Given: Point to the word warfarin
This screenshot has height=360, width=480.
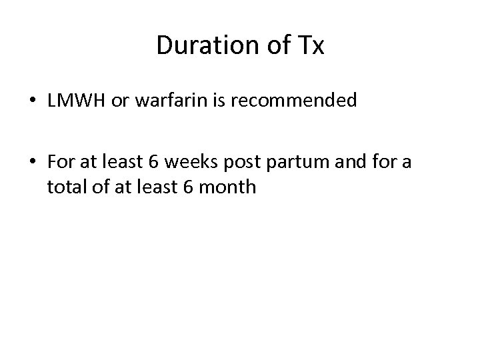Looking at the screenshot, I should click(158, 101).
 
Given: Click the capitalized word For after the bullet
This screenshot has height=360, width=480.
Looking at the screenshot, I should click(60, 161).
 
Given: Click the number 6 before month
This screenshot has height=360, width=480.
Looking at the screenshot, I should click(185, 187).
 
